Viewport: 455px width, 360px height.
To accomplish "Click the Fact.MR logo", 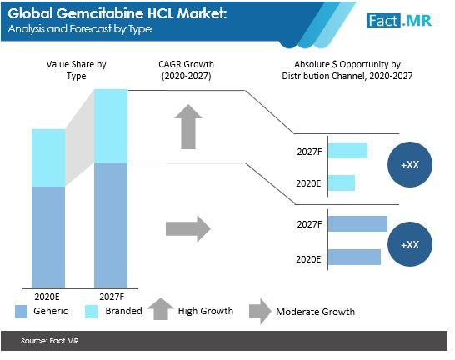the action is point(399,21).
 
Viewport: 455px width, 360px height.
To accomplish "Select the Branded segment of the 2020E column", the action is point(48,157).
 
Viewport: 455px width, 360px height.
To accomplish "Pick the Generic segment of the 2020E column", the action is point(48,237).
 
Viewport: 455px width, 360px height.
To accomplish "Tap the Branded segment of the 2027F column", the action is point(111,126).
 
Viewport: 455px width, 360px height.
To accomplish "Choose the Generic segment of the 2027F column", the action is point(111,225).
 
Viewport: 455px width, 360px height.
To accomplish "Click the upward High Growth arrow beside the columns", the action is point(188,127).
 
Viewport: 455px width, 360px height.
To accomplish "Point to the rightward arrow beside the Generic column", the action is point(188,228).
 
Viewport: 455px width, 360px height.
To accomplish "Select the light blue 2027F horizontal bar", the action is point(348,150).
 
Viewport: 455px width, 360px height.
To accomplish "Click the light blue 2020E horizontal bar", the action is point(342,182).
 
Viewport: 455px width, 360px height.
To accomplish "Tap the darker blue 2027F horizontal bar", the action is point(357,223).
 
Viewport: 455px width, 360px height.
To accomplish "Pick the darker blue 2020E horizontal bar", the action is point(355,257).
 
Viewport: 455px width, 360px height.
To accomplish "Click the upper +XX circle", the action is point(410,164).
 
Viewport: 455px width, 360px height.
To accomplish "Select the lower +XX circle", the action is point(410,244).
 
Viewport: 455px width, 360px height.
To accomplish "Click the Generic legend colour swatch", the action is point(21,312).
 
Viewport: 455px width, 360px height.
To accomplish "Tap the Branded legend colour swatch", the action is point(91,312).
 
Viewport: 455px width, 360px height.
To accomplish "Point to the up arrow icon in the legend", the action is point(161,309).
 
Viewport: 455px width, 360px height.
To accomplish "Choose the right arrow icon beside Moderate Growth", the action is point(260,312).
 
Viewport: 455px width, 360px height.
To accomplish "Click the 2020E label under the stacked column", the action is point(47,297).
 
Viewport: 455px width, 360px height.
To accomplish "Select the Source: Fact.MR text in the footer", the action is point(50,341).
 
